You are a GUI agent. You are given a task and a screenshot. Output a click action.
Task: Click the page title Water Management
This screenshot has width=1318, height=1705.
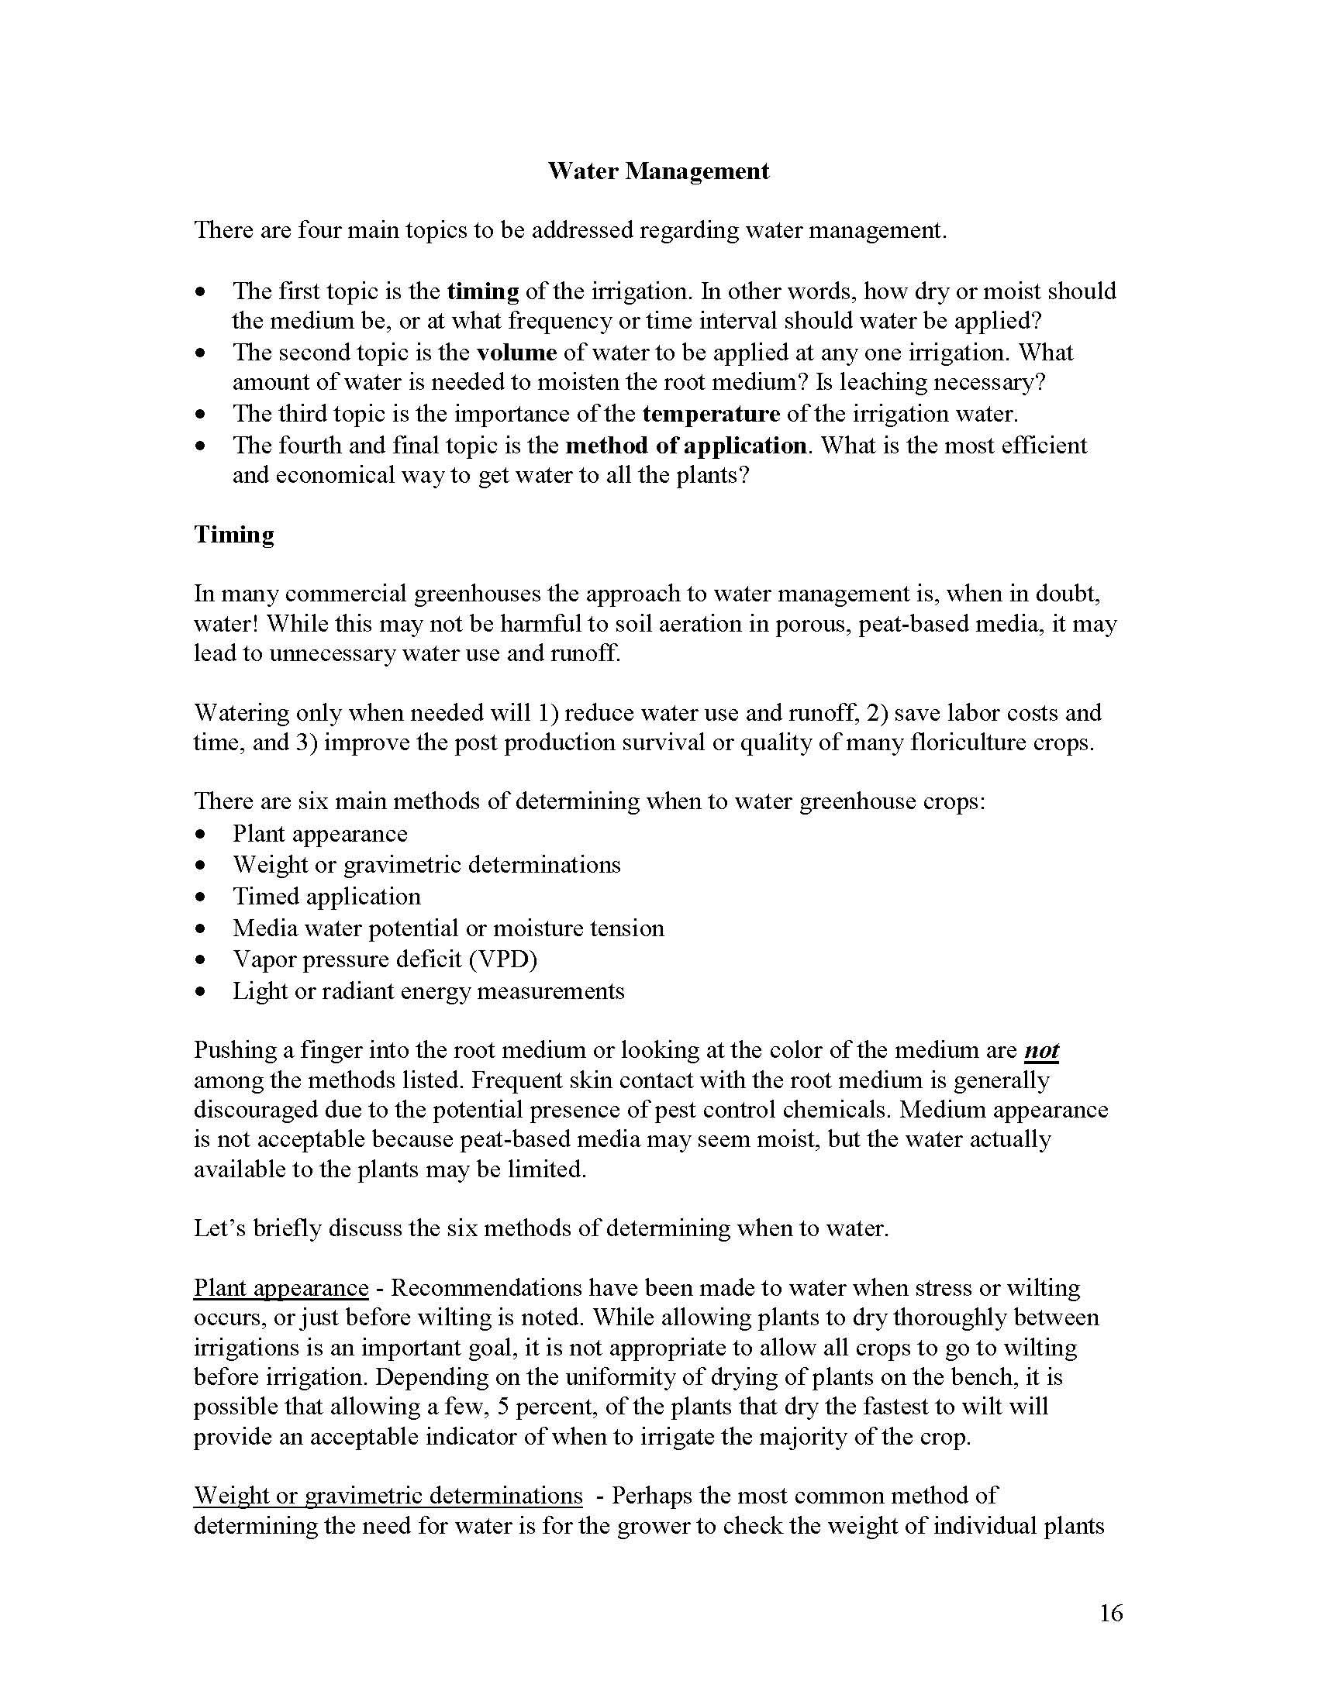[x=657, y=171]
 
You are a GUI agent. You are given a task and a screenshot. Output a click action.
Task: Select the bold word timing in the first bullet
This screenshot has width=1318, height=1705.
[x=482, y=291]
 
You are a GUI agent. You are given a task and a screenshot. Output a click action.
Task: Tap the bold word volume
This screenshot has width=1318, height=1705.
[x=516, y=352]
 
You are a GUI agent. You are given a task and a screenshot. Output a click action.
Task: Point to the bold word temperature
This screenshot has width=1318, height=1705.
[x=710, y=413]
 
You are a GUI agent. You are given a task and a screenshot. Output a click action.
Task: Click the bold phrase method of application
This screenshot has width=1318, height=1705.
[x=685, y=445]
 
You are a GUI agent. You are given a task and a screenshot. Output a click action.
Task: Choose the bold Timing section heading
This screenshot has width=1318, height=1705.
[x=234, y=535]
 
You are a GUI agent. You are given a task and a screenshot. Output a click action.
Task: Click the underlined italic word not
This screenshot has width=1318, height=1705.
[x=1040, y=1051]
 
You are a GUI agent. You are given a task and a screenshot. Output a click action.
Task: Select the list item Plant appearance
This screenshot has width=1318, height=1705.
[x=319, y=834]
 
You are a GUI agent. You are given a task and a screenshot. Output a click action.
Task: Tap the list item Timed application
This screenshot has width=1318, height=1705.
[x=326, y=896]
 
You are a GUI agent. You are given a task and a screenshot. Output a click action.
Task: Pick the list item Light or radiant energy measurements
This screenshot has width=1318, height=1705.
[x=428, y=991]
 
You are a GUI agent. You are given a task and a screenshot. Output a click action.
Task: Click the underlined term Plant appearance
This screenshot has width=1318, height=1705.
[x=281, y=1287]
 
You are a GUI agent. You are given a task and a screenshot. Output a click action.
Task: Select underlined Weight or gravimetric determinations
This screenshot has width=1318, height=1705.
[x=388, y=1495]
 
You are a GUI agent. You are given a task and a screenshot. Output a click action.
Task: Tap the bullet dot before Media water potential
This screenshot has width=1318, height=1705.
[x=202, y=929]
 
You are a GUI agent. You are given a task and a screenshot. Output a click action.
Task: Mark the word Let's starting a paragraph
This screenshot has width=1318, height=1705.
[x=218, y=1228]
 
